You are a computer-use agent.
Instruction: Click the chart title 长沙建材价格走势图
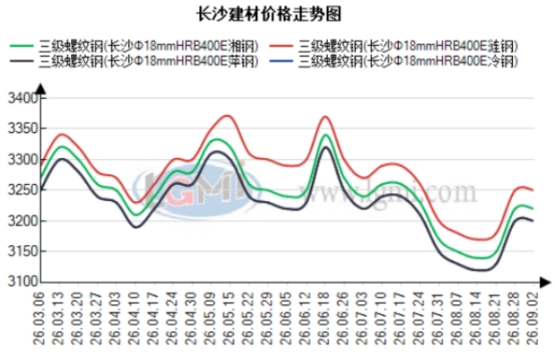(269, 14)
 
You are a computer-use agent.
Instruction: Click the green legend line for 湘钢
(22, 46)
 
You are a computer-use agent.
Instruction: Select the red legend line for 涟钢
(281, 46)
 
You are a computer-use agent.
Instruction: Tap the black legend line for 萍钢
(22, 61)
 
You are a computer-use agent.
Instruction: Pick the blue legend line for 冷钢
(281, 61)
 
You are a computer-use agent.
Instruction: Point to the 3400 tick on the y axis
(22, 98)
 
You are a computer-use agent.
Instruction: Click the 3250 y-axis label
(22, 190)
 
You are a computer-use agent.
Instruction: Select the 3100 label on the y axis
(22, 282)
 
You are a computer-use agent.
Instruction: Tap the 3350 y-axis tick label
(22, 128)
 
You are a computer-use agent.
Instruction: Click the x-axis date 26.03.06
(40, 318)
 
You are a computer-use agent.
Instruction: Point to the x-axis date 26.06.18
(324, 318)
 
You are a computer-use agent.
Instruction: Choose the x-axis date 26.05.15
(229, 318)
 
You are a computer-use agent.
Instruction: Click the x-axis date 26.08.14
(476, 318)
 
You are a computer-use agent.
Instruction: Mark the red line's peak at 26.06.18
(325, 117)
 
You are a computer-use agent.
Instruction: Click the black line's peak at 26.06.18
(326, 147)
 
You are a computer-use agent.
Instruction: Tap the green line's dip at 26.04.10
(136, 215)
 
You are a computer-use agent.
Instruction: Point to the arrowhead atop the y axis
(41, 89)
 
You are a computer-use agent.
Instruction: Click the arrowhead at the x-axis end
(545, 282)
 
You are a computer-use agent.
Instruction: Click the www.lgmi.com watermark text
(388, 193)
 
